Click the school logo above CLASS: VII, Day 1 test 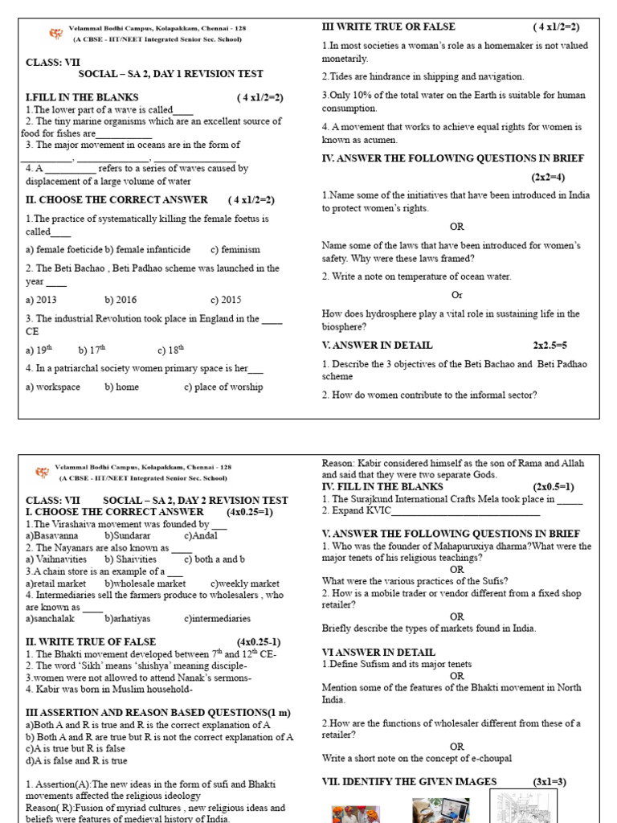(55, 35)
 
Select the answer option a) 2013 (41, 300)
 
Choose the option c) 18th (171, 350)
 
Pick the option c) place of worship (223, 387)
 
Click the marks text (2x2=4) (547, 177)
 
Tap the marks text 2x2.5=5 (550, 345)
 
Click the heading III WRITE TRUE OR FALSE (388, 27)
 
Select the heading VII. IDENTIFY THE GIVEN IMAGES (409, 781)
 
